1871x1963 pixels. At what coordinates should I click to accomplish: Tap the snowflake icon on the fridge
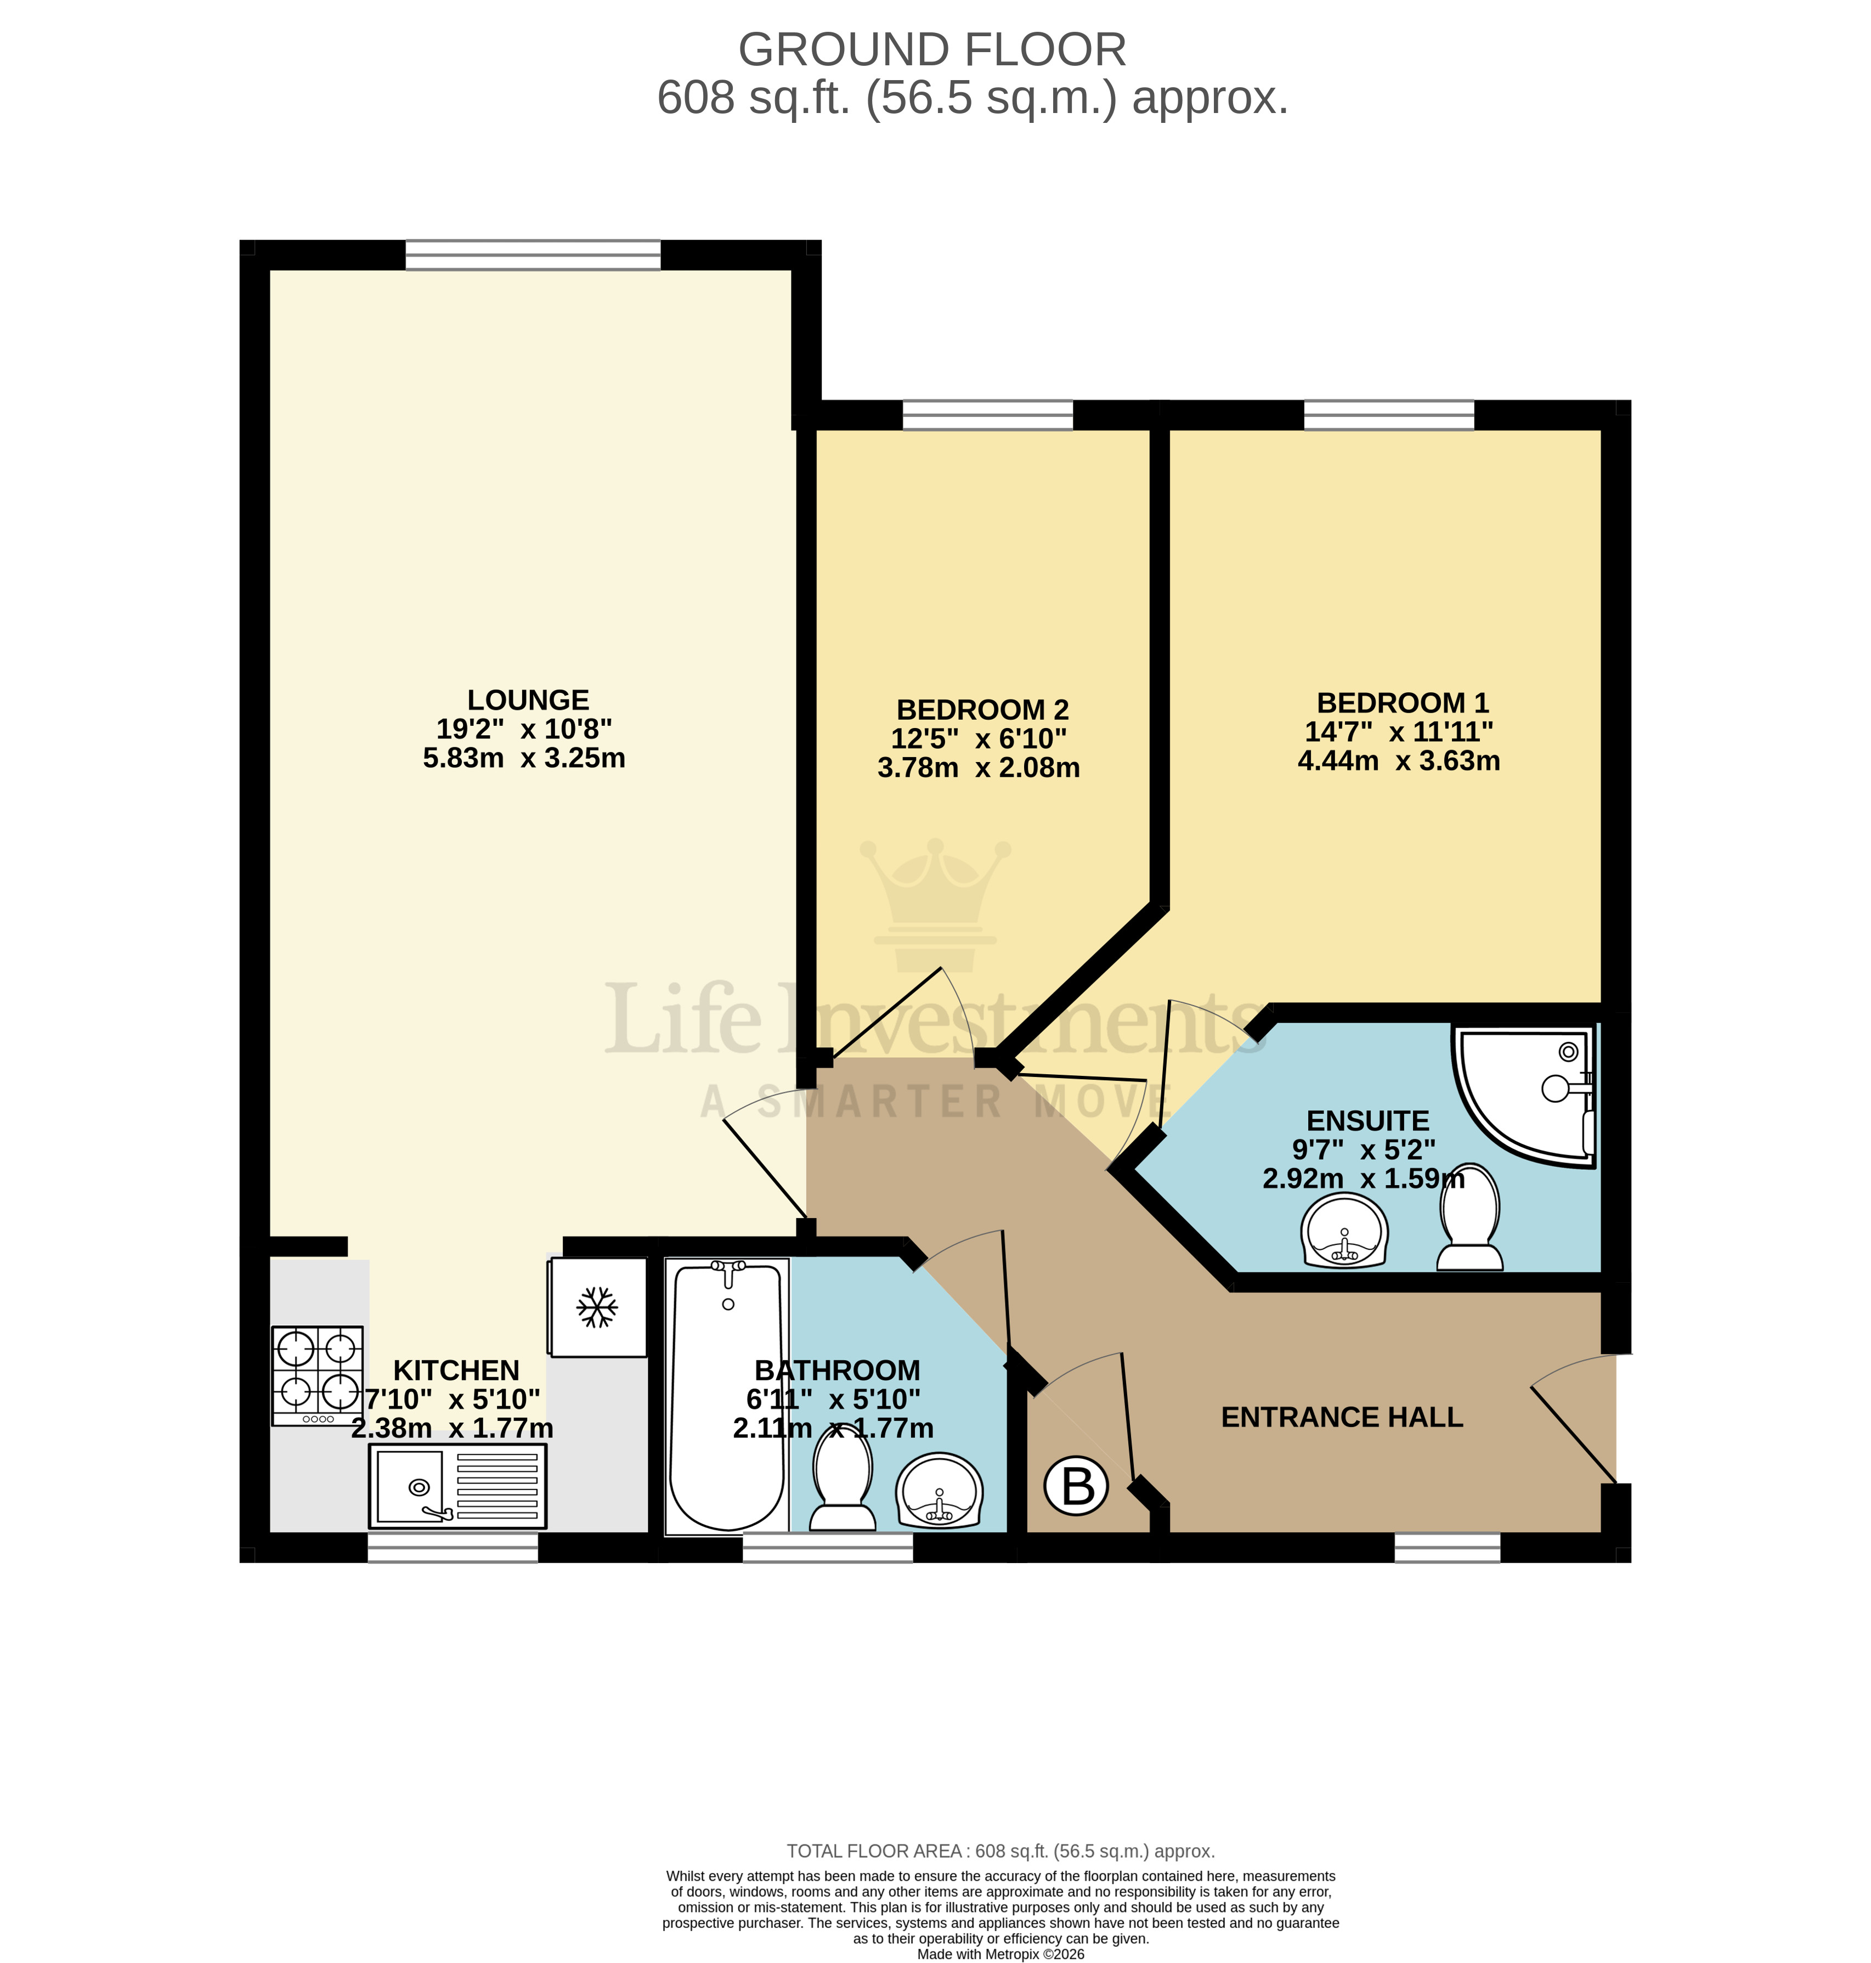click(x=597, y=1308)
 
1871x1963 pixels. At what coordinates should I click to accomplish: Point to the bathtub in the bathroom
click(x=727, y=1396)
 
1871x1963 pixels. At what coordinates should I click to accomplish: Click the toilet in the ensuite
click(x=1470, y=1217)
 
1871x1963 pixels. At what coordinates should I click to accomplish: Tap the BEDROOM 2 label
click(x=982, y=710)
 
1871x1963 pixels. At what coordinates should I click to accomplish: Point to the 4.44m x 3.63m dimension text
click(x=1398, y=761)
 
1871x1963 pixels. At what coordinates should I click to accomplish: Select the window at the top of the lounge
click(x=533, y=255)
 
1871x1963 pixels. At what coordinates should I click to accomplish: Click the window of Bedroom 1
click(x=1388, y=414)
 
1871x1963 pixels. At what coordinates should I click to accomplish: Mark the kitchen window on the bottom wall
click(x=453, y=1547)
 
